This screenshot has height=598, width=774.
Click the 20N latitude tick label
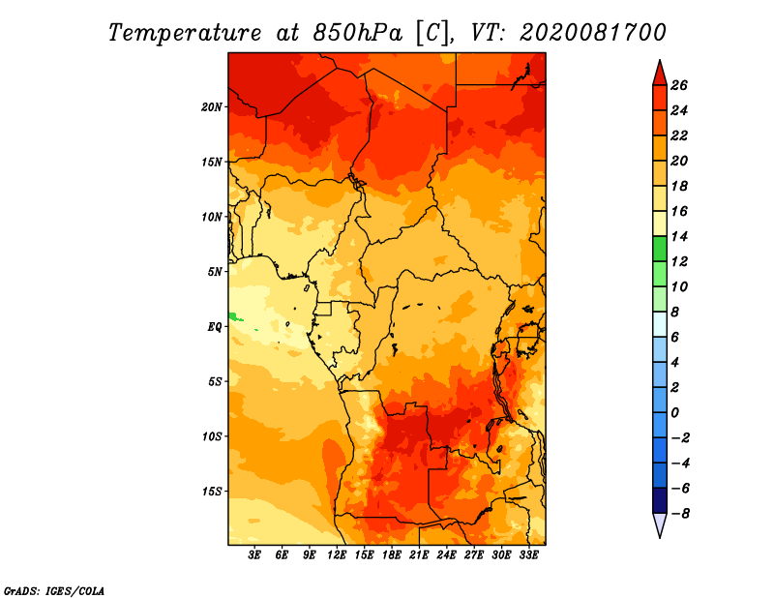212,107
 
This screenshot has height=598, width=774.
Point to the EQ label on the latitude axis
215,327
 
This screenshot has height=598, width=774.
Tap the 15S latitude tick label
212,492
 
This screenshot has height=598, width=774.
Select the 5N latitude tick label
215,272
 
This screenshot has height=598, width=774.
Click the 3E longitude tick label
254,555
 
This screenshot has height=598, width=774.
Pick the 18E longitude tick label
392,555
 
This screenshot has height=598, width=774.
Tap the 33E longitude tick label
528,555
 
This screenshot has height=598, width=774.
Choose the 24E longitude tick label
446,555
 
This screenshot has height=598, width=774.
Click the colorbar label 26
679,85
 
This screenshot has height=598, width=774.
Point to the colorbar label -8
679,514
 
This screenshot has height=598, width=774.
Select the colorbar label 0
674,413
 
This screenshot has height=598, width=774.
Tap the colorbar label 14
679,236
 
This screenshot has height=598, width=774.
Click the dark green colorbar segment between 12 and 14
660,249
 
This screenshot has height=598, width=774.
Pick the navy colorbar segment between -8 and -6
660,500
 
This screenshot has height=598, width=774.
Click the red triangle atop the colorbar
660,75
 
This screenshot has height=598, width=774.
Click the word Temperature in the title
185,33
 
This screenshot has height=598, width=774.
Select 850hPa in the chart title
357,33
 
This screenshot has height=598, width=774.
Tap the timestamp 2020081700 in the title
593,33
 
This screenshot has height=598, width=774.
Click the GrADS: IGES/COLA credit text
54,590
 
